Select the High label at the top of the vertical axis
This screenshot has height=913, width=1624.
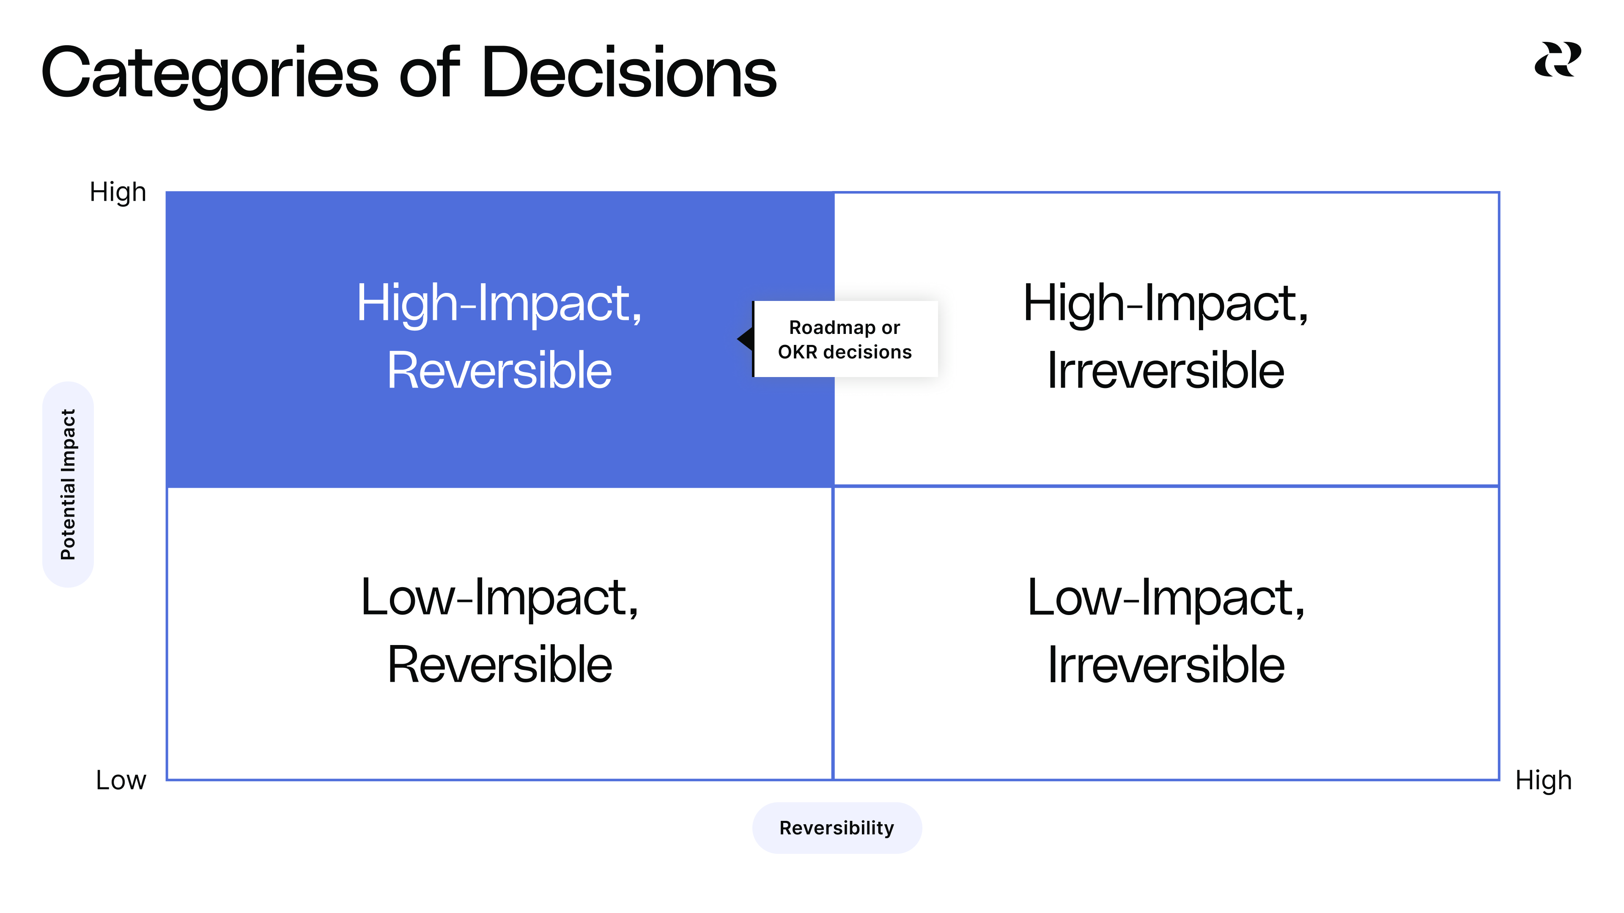pos(118,192)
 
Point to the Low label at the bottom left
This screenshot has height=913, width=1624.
pos(121,780)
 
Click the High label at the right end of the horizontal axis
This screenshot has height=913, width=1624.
pos(1543,780)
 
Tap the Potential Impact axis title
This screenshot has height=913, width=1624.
pos(68,484)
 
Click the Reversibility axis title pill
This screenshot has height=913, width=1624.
pos(837,827)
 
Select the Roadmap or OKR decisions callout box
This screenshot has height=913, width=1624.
pos(845,339)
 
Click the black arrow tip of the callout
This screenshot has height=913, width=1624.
pos(744,339)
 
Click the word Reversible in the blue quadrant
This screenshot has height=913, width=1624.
pos(499,371)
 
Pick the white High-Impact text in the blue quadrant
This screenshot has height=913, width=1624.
pos(499,304)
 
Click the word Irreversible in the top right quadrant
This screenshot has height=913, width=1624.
pos(1165,371)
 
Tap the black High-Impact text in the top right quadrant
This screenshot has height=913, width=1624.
pos(1165,304)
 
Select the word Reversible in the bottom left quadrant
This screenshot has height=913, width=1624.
pos(499,665)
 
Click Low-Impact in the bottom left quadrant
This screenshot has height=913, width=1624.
pos(499,597)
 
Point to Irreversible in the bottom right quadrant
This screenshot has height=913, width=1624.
pos(1165,665)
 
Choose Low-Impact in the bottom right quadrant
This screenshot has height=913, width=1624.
pos(1165,597)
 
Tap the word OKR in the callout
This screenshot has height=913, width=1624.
pos(798,352)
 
